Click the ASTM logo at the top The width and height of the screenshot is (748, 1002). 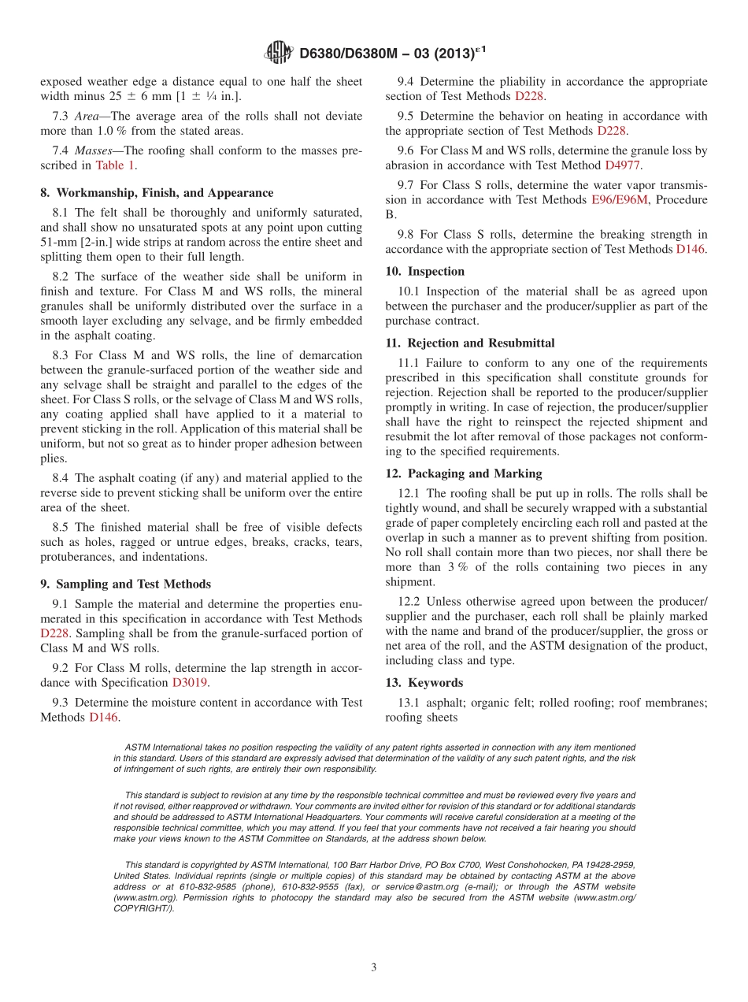tap(279, 53)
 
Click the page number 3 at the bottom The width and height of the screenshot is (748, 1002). tap(374, 967)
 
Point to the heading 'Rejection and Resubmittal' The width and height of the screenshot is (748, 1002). tap(480, 343)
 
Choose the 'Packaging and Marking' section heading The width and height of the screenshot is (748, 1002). tap(474, 473)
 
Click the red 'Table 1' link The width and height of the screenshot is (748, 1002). tap(115, 165)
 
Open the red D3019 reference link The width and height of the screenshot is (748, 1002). tap(190, 682)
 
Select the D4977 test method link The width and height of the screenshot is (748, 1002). tap(622, 165)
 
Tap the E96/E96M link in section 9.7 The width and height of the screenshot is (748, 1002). tap(619, 200)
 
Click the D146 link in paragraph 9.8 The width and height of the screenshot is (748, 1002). tap(691, 249)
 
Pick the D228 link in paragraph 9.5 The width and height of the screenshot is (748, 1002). tap(611, 131)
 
